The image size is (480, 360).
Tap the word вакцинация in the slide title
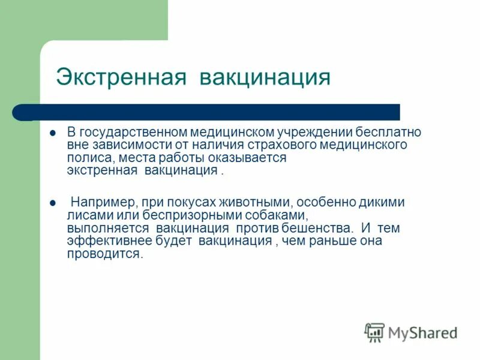click(x=265, y=77)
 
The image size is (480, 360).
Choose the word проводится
click(x=105, y=254)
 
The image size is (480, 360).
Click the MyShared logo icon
click(x=374, y=332)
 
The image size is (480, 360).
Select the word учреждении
click(x=313, y=131)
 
